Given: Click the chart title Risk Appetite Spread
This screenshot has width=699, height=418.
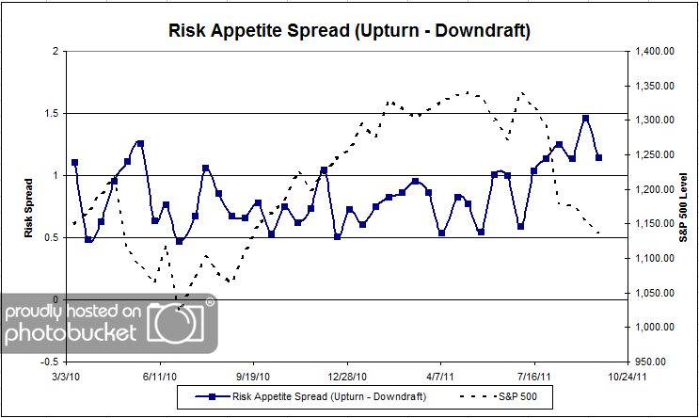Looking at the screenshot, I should (x=349, y=31).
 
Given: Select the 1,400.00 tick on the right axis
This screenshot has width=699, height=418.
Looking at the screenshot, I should (x=655, y=51).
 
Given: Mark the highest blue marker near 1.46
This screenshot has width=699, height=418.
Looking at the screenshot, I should (x=585, y=119).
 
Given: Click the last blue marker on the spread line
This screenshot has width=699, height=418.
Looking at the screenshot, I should (x=598, y=157).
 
